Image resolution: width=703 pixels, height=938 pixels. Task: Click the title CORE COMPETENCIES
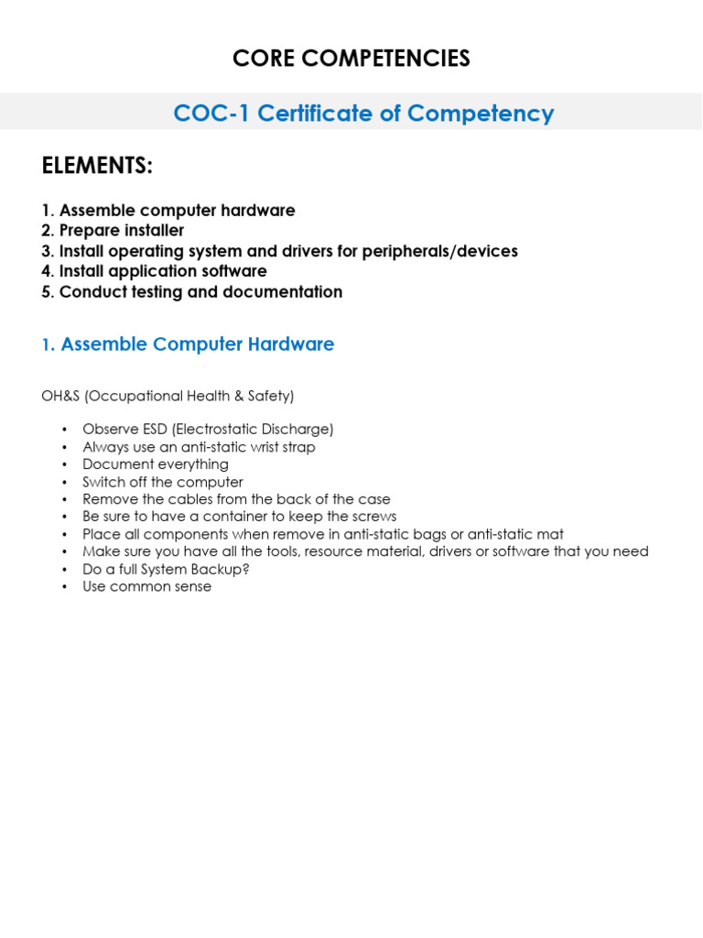click(351, 59)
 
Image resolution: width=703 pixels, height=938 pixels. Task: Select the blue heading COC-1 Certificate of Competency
click(363, 114)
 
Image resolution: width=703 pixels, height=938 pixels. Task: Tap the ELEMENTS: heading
click(97, 167)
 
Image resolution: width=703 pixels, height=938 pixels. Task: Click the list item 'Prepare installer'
click(122, 231)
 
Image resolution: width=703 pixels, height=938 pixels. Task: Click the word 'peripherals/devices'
click(446, 251)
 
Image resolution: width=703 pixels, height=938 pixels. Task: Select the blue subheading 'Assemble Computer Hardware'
click(197, 344)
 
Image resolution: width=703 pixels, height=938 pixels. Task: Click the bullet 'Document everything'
click(156, 464)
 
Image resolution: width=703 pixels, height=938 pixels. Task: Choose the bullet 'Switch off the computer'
click(163, 482)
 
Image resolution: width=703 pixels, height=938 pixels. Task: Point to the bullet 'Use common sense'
click(146, 586)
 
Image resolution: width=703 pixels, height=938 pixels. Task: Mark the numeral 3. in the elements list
click(48, 251)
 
